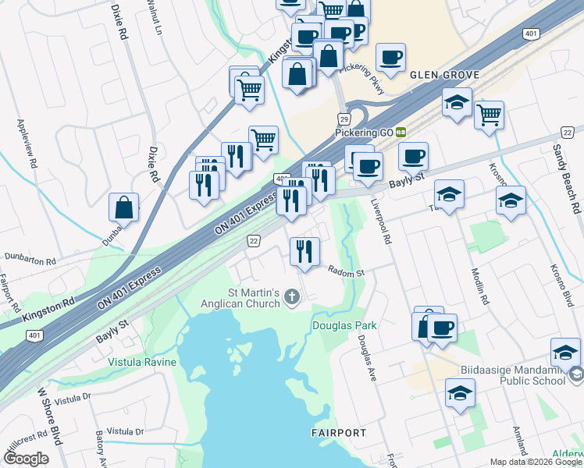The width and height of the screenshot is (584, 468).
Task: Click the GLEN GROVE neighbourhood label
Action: [444, 75]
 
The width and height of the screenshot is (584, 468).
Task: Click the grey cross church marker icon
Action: [293, 296]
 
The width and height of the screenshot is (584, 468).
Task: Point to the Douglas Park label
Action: [344, 325]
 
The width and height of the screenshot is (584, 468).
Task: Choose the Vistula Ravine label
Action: [143, 363]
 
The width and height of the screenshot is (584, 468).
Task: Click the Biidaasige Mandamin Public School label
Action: [521, 374]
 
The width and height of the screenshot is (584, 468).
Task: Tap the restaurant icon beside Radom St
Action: [304, 251]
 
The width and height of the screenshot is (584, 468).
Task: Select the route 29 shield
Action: [344, 119]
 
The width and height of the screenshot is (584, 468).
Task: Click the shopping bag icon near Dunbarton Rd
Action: [123, 207]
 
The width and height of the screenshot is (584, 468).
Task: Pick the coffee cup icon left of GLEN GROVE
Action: [390, 57]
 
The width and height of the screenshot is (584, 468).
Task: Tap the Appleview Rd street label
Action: [25, 145]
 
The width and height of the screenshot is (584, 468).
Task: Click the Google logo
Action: [25, 458]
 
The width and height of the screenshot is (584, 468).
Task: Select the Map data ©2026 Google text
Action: [536, 462]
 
